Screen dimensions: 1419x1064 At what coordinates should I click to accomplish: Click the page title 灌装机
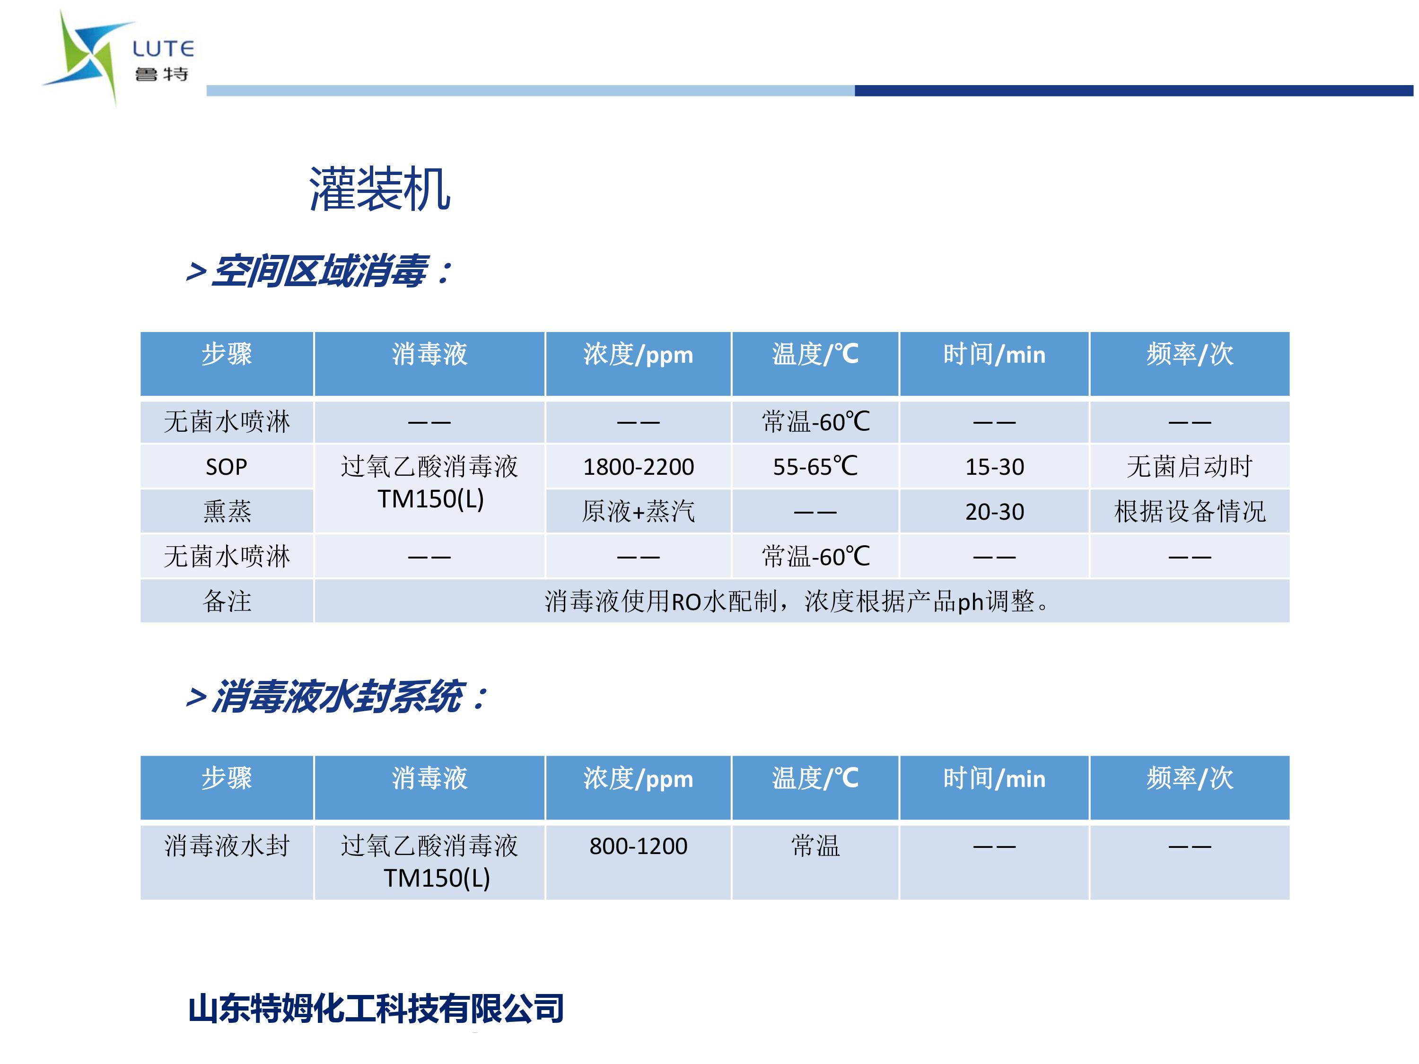pyautogui.click(x=380, y=189)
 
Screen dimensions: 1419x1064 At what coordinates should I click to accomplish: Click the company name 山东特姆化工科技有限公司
pyautogui.click(x=376, y=1008)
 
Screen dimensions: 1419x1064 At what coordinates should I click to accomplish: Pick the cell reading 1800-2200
pyautogui.click(x=638, y=467)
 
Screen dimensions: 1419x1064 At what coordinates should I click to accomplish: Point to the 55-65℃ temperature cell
pyautogui.click(x=815, y=466)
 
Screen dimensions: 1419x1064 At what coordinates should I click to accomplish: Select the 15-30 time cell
pyautogui.click(x=994, y=467)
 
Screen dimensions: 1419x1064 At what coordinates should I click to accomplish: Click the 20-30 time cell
pyautogui.click(x=994, y=512)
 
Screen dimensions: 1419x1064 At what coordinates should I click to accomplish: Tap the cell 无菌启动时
pyautogui.click(x=1189, y=466)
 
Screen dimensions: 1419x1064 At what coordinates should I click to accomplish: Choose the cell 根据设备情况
pyautogui.click(x=1189, y=511)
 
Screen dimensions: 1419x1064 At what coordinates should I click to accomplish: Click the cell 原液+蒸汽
pyautogui.click(x=638, y=511)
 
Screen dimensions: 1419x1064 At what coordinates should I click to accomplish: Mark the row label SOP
pyautogui.click(x=227, y=467)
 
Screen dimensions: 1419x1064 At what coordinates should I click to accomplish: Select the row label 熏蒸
pyautogui.click(x=227, y=511)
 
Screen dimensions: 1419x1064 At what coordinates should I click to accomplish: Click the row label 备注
pyautogui.click(x=227, y=601)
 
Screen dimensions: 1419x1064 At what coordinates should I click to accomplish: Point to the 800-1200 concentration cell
pyautogui.click(x=638, y=846)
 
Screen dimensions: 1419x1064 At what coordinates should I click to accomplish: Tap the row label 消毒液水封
pyautogui.click(x=227, y=846)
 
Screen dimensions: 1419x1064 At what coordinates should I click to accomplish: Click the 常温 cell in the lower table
pyautogui.click(x=815, y=846)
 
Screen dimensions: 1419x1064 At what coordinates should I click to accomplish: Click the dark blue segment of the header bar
pyautogui.click(x=1133, y=90)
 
